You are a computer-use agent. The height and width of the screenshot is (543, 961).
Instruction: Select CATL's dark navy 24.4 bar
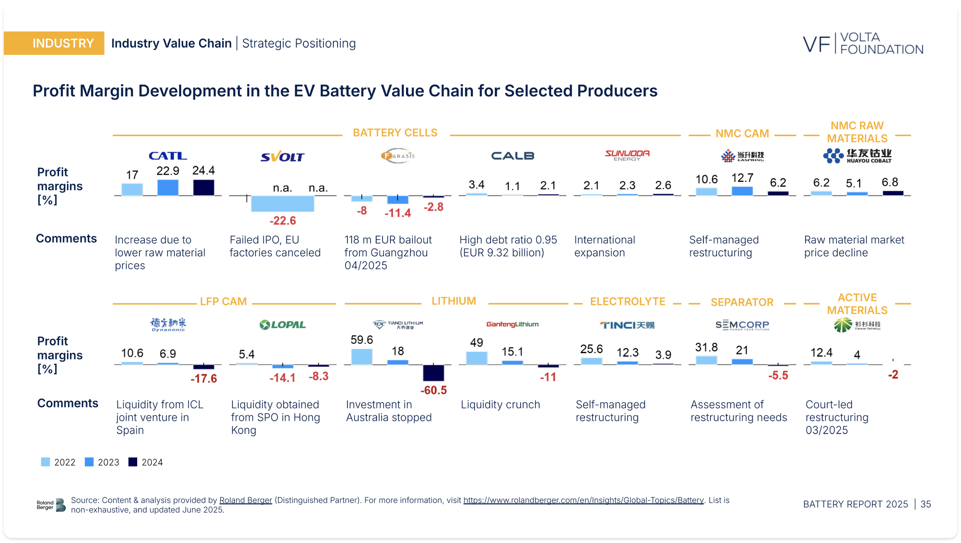(x=204, y=187)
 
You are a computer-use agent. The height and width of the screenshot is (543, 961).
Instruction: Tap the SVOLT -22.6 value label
(x=283, y=221)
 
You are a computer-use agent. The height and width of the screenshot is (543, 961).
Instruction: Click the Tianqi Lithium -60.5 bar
(x=433, y=373)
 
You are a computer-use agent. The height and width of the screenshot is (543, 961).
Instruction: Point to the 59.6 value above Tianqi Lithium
(x=361, y=340)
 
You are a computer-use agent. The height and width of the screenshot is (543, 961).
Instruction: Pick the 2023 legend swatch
(x=89, y=462)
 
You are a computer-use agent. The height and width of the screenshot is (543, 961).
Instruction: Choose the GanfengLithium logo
(x=512, y=324)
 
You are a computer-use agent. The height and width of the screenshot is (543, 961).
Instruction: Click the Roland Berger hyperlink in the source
(x=246, y=500)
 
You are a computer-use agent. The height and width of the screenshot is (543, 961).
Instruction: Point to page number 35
(x=925, y=504)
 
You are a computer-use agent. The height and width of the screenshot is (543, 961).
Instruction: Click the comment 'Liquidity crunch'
(x=500, y=405)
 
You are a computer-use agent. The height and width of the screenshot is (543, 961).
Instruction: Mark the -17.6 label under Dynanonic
(x=204, y=379)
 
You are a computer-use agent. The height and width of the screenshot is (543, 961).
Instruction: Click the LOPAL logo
(x=283, y=325)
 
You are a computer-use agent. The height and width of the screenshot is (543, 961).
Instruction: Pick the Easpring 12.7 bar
(x=742, y=191)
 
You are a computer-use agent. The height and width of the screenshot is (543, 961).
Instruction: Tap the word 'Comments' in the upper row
(x=66, y=239)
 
